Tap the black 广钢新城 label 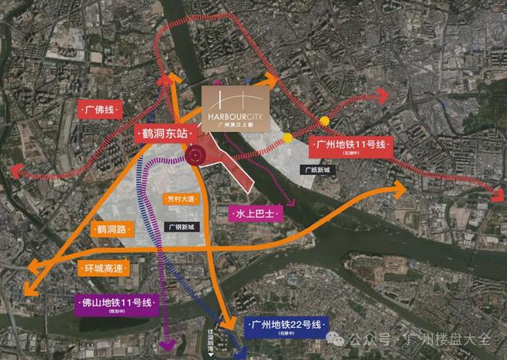[x=181, y=226]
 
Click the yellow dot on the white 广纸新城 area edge [x=287, y=137]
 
